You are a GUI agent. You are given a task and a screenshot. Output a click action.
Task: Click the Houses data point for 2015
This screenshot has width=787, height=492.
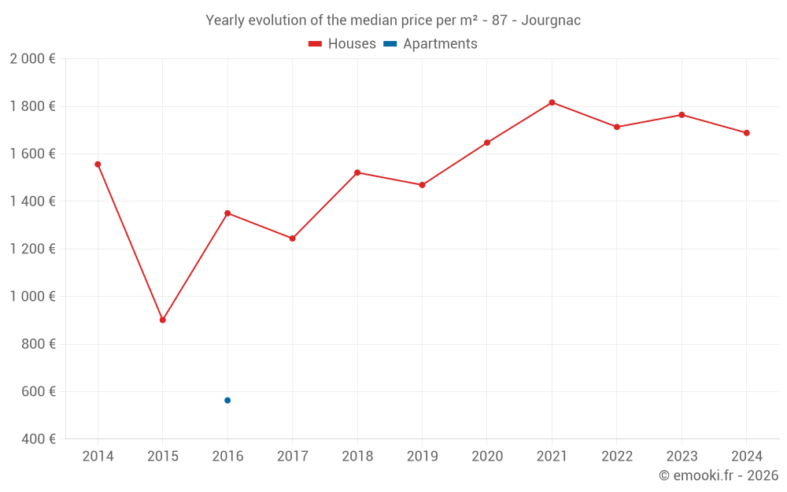click(163, 320)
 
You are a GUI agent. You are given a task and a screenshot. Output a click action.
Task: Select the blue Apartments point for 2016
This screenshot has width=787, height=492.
click(227, 400)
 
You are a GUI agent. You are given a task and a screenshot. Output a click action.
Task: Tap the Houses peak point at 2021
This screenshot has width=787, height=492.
click(552, 102)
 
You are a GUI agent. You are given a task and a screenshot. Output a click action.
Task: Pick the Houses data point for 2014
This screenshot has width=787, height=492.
click(98, 165)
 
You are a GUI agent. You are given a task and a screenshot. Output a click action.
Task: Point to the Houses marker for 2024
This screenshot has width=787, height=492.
click(746, 133)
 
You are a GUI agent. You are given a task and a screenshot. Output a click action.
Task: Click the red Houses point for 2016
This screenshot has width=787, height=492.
click(227, 213)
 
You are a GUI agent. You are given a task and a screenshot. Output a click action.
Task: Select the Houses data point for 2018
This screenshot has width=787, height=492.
click(357, 172)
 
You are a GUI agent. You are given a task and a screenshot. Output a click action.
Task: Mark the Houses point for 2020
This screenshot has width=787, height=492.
click(487, 142)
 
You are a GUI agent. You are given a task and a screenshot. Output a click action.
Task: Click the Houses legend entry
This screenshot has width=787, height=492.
click(342, 44)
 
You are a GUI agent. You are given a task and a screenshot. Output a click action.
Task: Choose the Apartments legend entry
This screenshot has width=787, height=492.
click(430, 44)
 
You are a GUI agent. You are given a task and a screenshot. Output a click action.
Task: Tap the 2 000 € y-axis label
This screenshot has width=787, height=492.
click(32, 59)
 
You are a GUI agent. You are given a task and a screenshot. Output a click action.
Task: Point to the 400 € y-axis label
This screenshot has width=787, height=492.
click(38, 439)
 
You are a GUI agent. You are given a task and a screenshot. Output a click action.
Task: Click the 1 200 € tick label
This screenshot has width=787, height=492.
click(32, 249)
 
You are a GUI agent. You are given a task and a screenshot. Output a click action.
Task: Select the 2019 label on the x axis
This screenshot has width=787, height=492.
click(422, 457)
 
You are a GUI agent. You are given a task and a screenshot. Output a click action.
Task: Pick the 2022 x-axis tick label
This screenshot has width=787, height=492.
click(617, 457)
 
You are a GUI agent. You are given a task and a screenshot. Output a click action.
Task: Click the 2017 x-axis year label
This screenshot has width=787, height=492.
click(292, 457)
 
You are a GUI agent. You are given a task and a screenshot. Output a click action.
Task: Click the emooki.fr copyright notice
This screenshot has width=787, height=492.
click(718, 475)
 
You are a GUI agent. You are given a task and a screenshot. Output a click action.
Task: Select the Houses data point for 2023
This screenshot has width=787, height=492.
click(682, 115)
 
